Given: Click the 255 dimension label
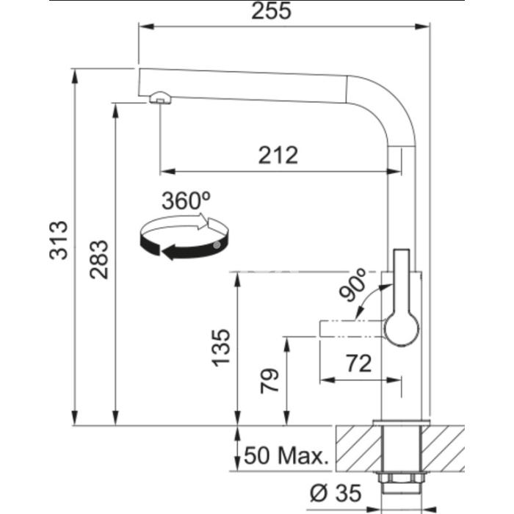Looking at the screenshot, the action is (271, 11).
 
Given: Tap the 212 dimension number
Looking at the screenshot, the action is (278, 155).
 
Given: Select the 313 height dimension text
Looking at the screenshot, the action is (59, 240).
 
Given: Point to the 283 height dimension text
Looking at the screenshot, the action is (99, 259).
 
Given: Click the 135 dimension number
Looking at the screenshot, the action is (221, 348).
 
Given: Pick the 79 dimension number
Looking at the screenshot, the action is (269, 381).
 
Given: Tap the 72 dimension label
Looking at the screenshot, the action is (359, 363).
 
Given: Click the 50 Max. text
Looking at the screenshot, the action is (286, 455).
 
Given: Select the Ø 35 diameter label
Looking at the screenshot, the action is (336, 493).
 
